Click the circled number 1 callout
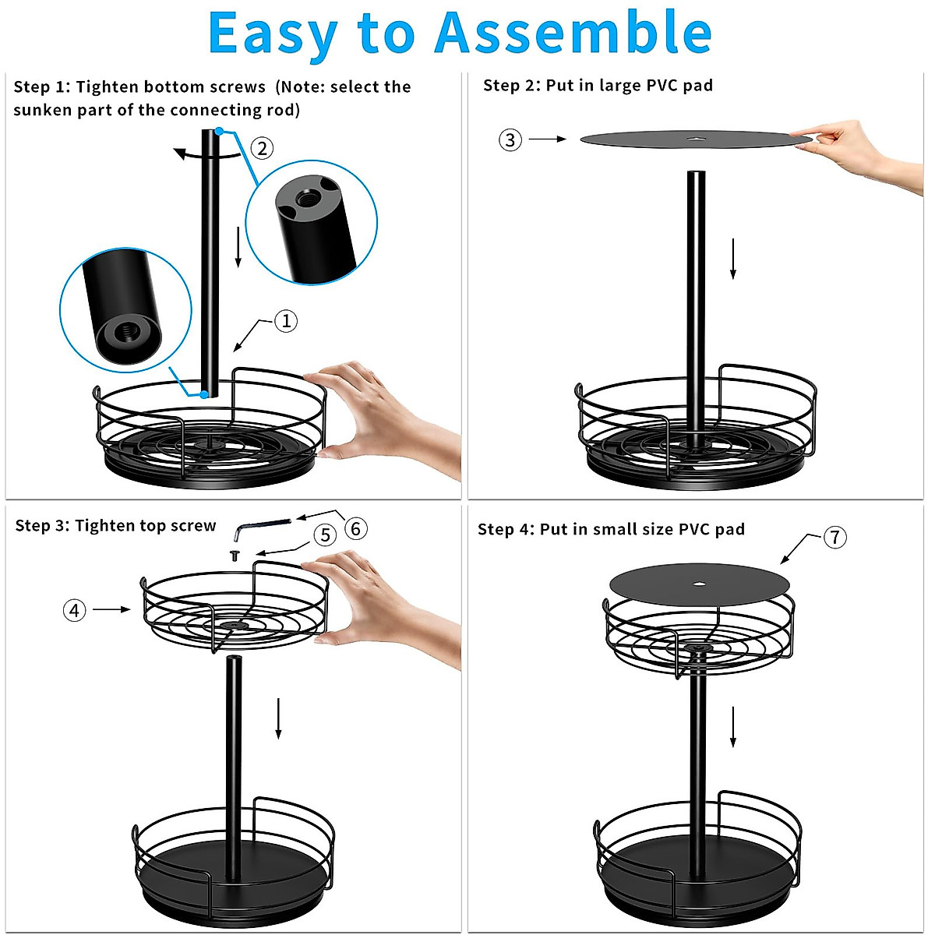(x=286, y=321)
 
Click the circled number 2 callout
(x=262, y=148)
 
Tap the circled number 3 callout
(x=510, y=140)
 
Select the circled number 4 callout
(x=74, y=610)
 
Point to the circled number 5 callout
(x=325, y=535)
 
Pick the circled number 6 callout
(x=355, y=529)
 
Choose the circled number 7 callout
(x=834, y=538)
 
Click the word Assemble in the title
(x=573, y=34)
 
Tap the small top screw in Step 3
(x=234, y=556)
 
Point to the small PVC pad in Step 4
(x=699, y=583)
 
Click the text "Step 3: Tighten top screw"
(x=115, y=526)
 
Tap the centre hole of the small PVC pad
(x=699, y=583)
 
